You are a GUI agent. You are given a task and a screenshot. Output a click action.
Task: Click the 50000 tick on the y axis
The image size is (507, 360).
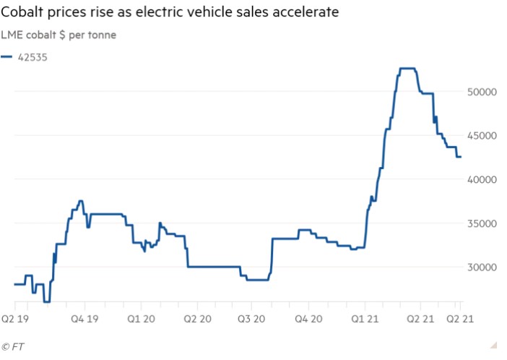click(481, 92)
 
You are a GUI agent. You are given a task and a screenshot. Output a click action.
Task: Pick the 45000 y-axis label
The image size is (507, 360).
click(481, 135)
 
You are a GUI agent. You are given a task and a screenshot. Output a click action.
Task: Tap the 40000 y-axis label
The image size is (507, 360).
click(481, 179)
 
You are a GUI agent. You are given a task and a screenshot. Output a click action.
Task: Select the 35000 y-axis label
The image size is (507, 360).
click(481, 223)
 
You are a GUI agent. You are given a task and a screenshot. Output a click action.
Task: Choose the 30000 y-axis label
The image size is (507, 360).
click(481, 267)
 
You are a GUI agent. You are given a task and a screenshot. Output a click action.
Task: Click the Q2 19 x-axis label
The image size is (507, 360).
click(14, 317)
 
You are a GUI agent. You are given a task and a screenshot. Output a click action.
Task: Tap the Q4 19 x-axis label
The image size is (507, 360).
click(84, 317)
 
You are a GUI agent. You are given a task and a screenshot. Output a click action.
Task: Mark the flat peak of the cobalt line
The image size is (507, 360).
click(407, 68)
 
